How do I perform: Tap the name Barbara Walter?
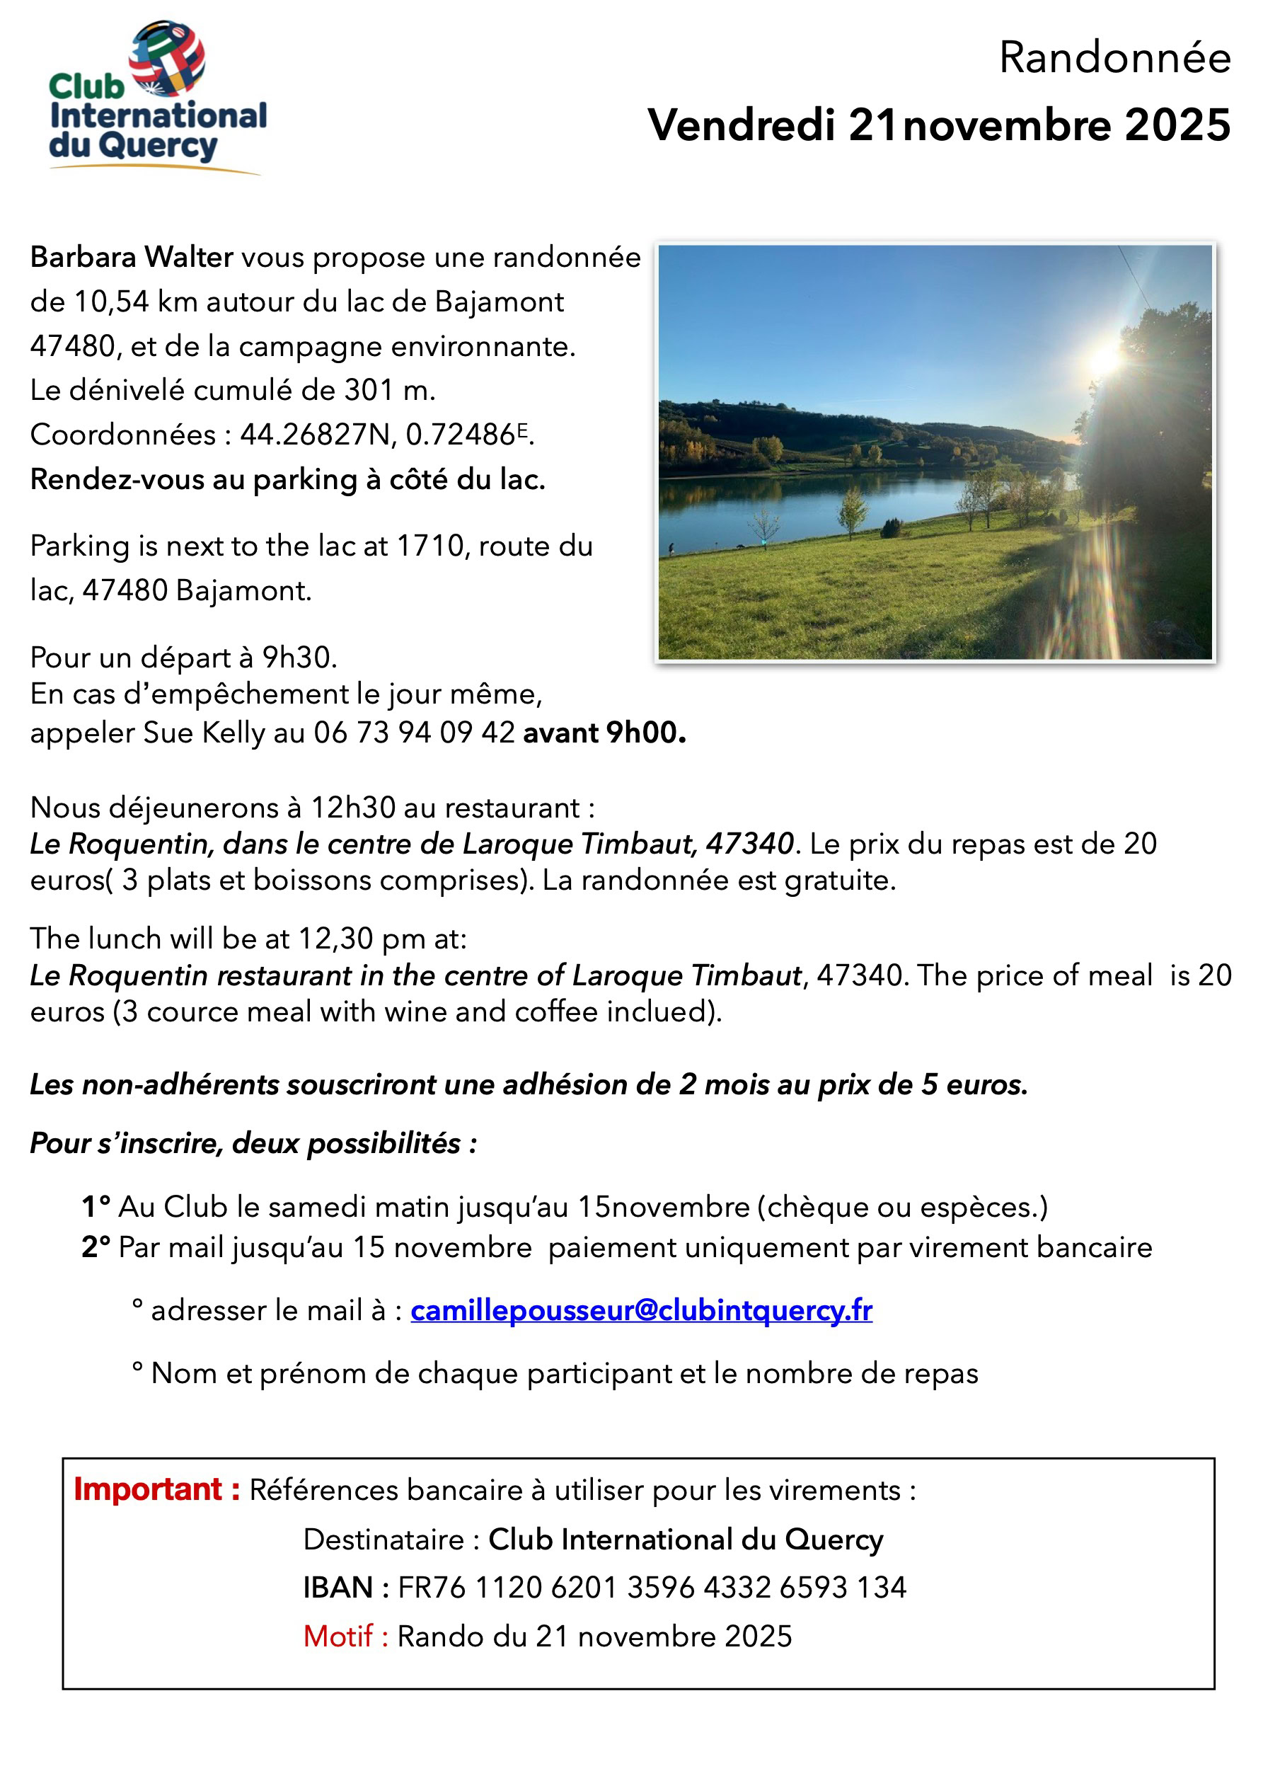click(x=132, y=257)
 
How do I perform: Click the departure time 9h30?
click(x=299, y=658)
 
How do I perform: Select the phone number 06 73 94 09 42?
click(x=413, y=733)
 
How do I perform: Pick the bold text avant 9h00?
click(x=604, y=733)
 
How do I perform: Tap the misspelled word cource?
click(x=185, y=1012)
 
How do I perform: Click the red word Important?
click(x=148, y=1489)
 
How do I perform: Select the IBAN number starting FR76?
click(x=652, y=1587)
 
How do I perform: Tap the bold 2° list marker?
click(x=96, y=1247)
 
